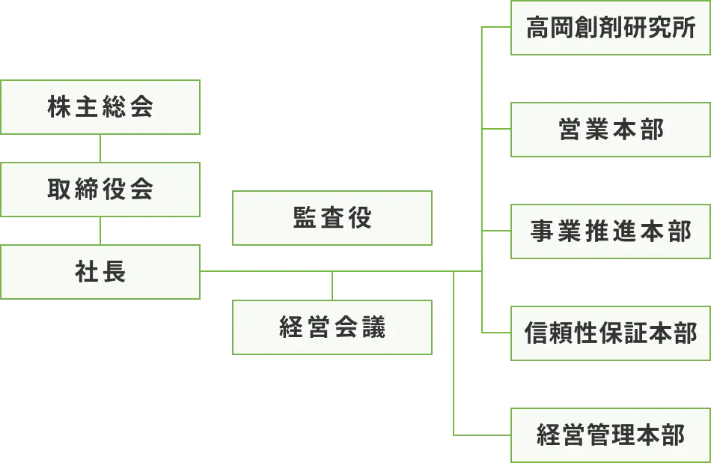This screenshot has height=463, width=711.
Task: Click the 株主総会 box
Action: click(100, 107)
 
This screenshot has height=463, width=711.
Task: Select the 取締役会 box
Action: click(100, 190)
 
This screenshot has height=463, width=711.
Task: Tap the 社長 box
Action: click(100, 272)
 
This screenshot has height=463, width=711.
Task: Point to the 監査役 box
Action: click(332, 218)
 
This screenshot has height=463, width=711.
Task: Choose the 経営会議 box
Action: click(332, 327)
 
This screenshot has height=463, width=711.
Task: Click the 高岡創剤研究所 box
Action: click(610, 29)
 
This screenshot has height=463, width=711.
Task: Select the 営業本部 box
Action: click(610, 130)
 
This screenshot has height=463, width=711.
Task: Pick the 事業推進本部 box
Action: click(610, 231)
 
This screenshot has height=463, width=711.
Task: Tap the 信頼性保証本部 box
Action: click(610, 333)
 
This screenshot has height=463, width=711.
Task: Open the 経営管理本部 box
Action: click(610, 435)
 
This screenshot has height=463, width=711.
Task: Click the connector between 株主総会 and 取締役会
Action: click(100, 148)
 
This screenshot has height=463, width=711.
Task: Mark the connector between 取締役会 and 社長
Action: click(100, 231)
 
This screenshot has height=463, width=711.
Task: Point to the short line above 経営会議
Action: click(332, 286)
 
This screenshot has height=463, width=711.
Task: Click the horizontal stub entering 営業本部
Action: click(495, 129)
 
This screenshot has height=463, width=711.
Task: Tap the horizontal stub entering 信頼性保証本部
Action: click(495, 333)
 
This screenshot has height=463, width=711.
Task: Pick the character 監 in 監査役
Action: click(305, 218)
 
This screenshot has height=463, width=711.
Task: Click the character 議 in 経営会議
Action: click(373, 328)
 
